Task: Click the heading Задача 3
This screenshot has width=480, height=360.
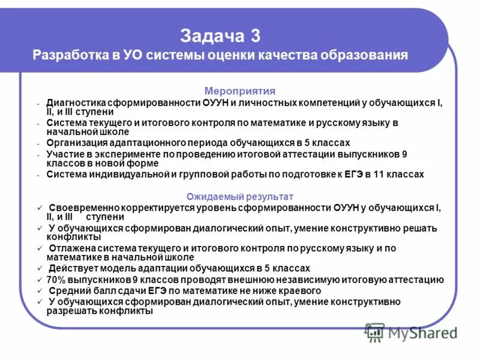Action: pyautogui.click(x=220, y=35)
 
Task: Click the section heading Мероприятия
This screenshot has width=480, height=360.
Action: pyautogui.click(x=240, y=91)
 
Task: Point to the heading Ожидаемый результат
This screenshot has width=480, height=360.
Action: pyautogui.click(x=240, y=197)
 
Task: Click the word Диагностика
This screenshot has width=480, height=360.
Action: pyautogui.click(x=79, y=103)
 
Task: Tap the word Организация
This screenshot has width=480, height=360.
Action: pyautogui.click(x=77, y=143)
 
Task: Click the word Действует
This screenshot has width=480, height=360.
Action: pyautogui.click(x=71, y=268)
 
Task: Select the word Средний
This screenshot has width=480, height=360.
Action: pyautogui.click(x=67, y=290)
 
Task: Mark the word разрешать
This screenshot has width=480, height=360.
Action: pyautogui.click(x=70, y=311)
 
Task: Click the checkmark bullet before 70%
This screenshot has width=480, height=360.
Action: pyautogui.click(x=40, y=280)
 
